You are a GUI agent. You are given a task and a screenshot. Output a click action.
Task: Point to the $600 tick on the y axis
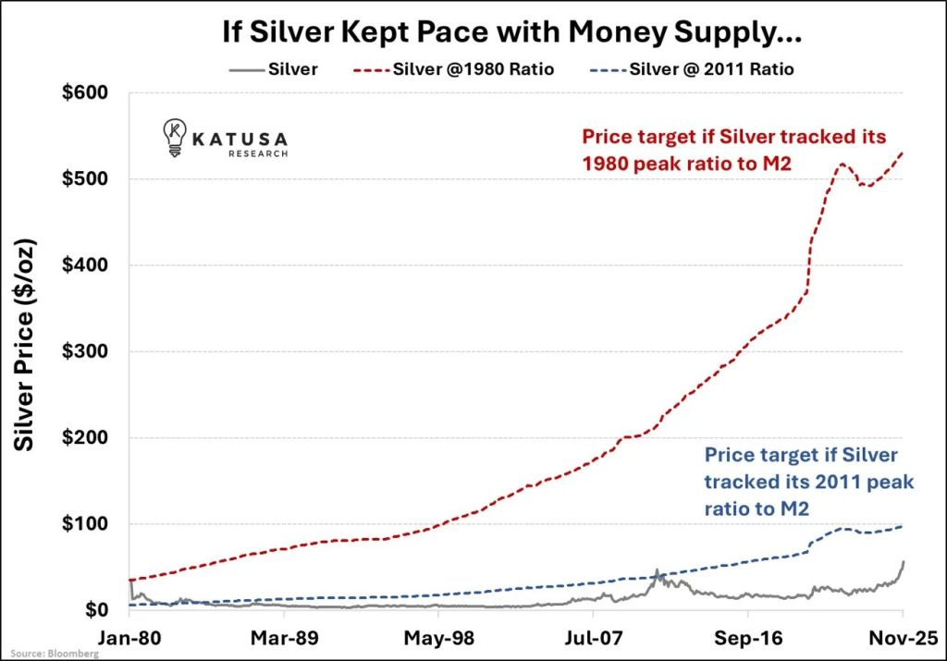[x=86, y=93]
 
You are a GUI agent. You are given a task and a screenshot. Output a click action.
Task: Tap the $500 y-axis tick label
[x=86, y=179]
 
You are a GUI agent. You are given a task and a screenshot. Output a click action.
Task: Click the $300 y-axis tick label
[x=86, y=352]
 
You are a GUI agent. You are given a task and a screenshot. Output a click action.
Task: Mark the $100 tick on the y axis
[x=86, y=524]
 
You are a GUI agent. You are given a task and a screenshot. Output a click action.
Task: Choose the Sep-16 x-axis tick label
[x=747, y=638]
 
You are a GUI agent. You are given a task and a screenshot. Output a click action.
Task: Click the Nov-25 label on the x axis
[x=902, y=638]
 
